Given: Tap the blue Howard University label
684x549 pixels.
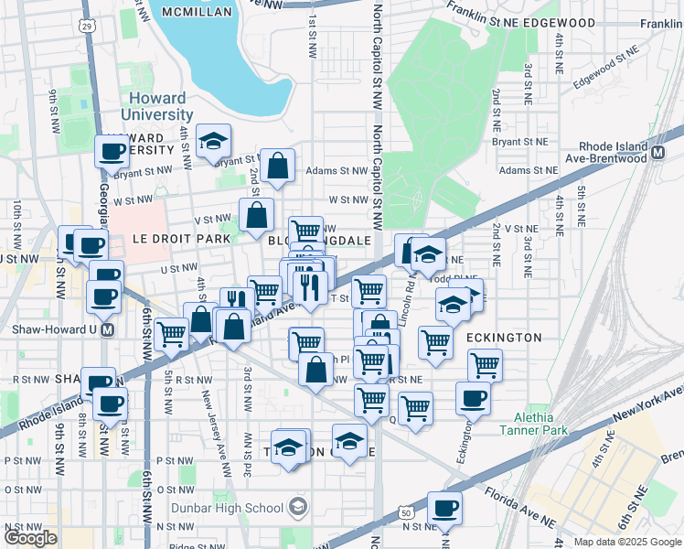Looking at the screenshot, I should [x=156, y=106].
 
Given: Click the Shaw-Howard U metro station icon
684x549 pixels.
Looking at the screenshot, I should [x=108, y=329].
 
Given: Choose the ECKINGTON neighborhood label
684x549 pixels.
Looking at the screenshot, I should [x=504, y=338].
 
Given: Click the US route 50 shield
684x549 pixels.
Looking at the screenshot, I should [x=405, y=514].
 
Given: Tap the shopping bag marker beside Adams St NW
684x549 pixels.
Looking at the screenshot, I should [x=277, y=166].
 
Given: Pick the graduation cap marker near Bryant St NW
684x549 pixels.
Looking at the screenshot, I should [x=213, y=141].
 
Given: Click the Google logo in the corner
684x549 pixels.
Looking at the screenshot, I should [x=30, y=538].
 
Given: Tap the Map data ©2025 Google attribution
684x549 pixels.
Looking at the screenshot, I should [x=627, y=542].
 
